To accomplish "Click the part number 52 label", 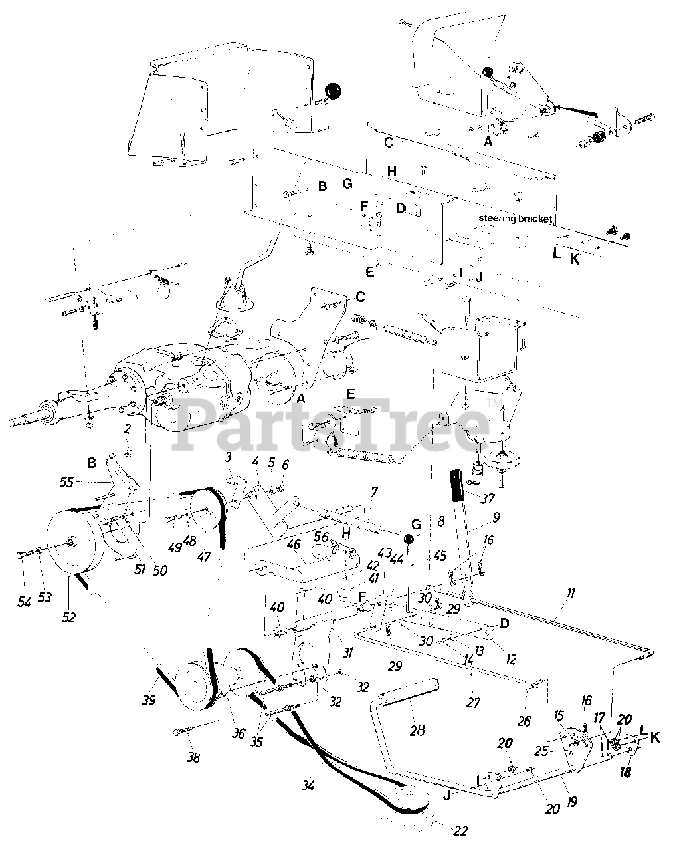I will [68, 616].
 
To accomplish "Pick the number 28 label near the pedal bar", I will [417, 731].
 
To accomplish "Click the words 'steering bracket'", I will [515, 219].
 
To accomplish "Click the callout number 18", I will [625, 771].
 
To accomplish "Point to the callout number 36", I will [239, 733].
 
